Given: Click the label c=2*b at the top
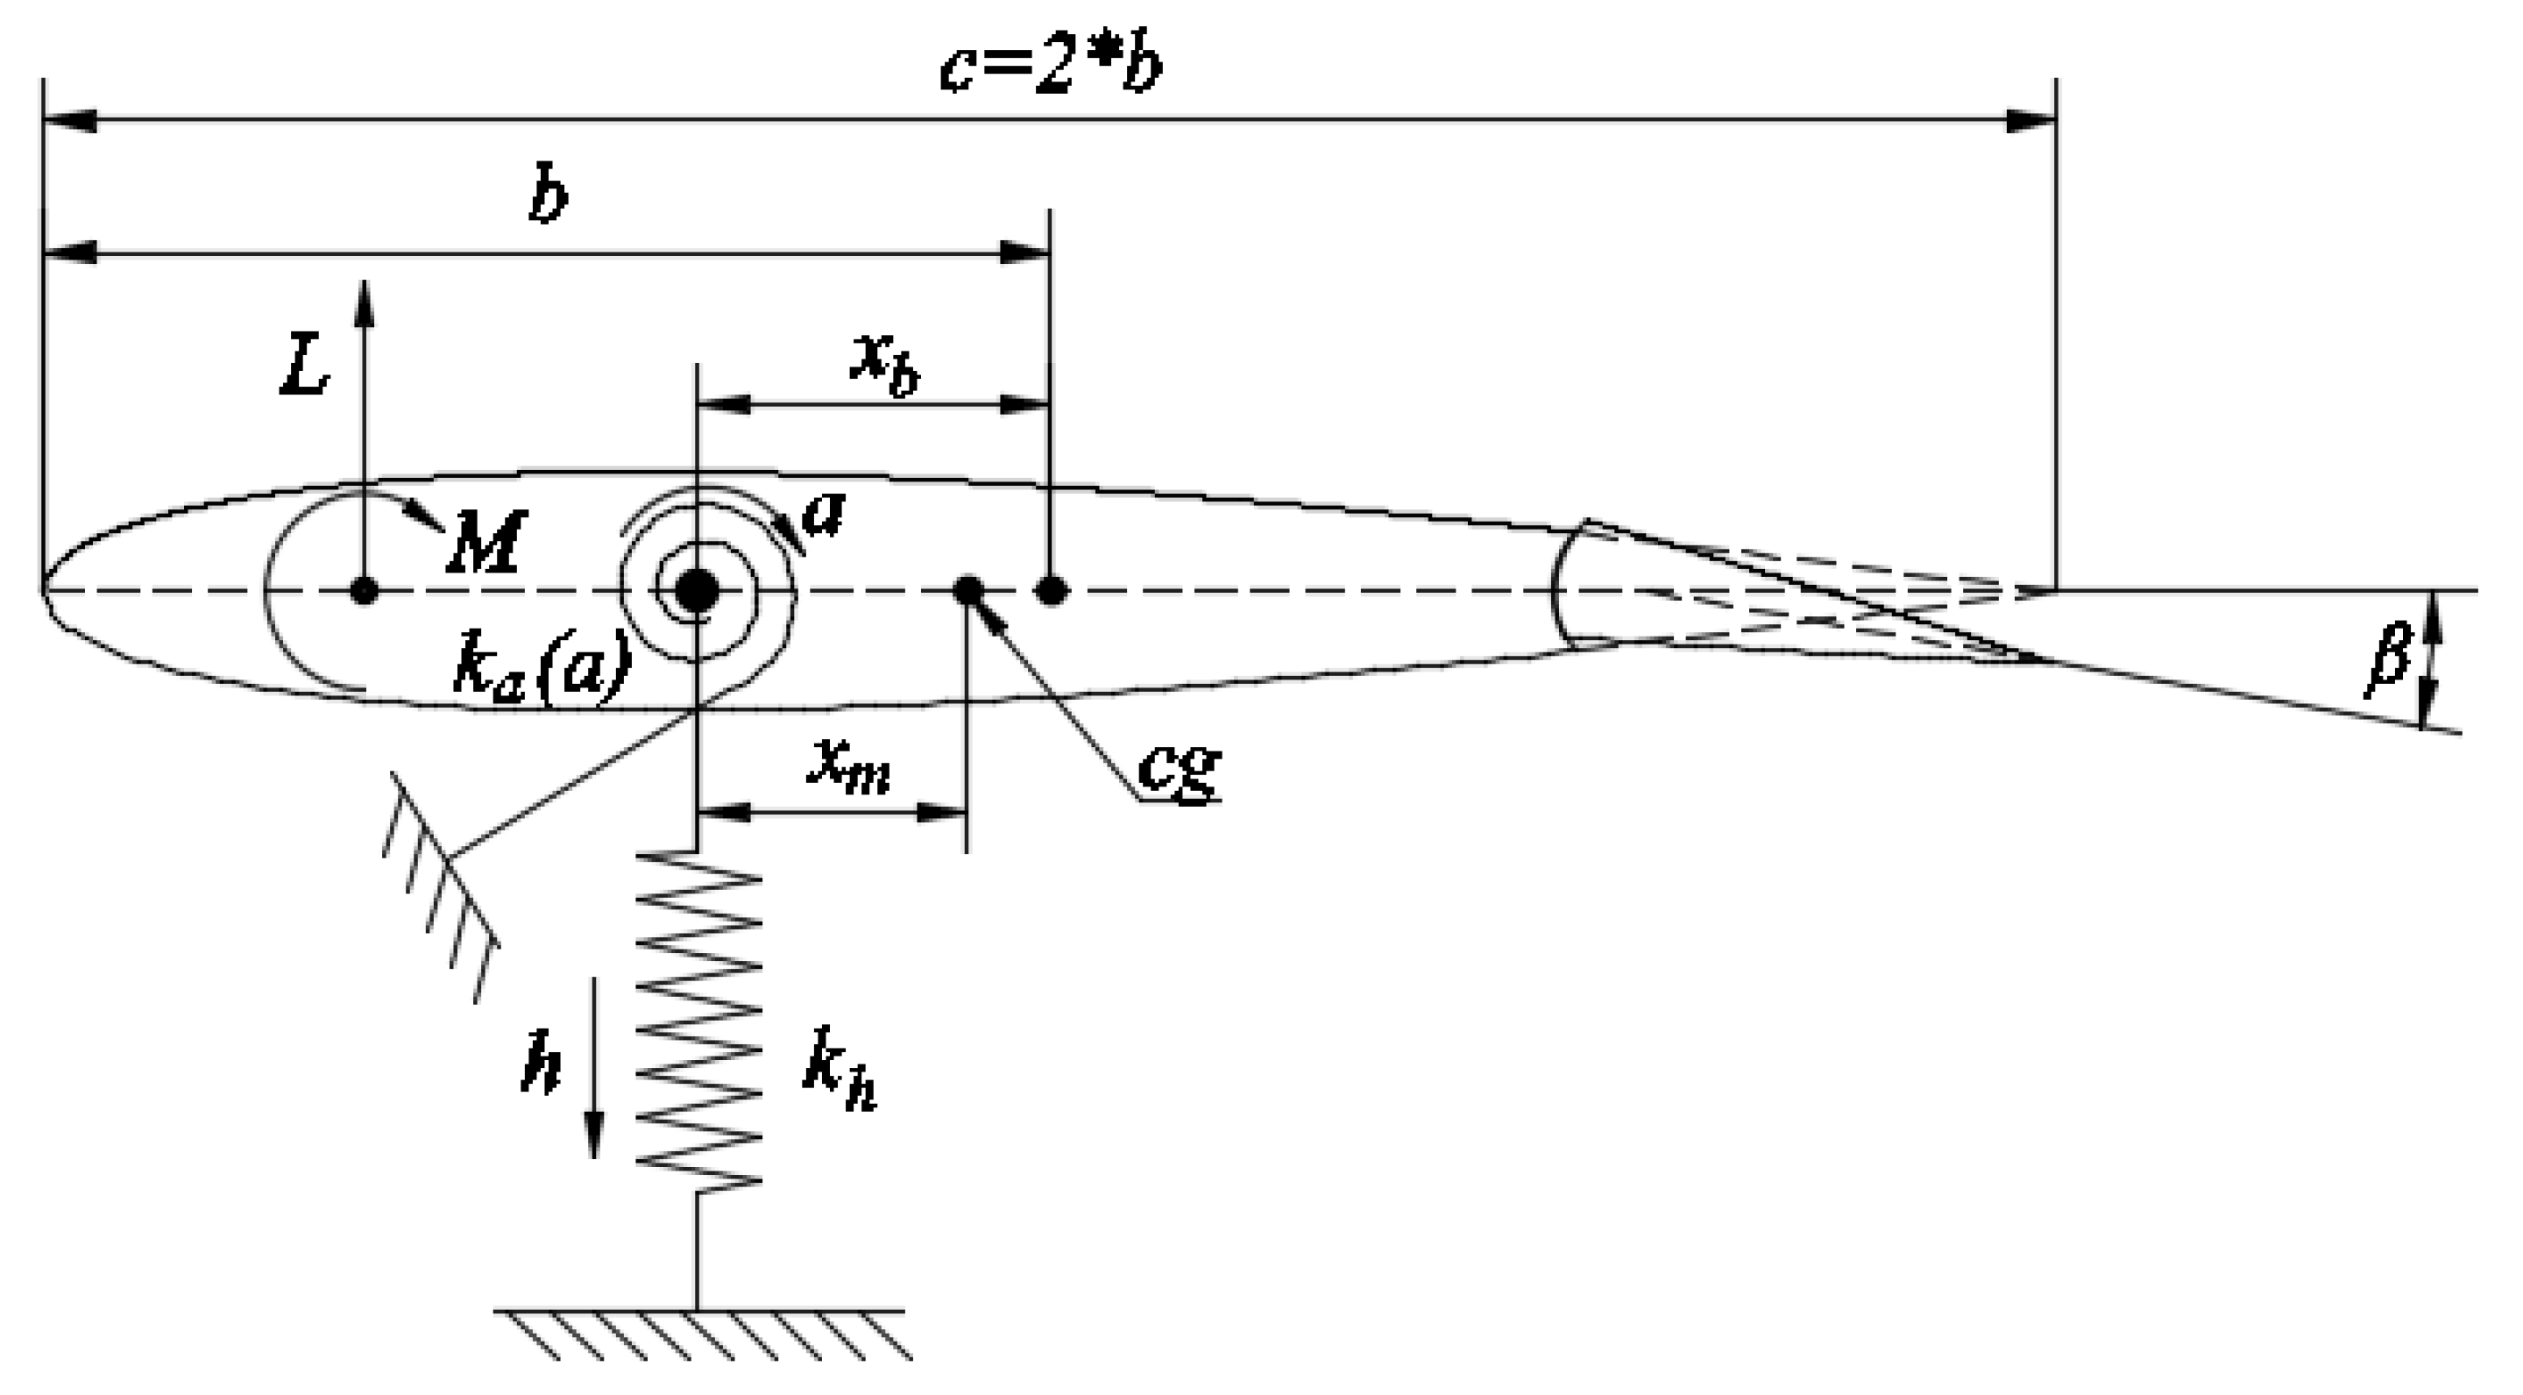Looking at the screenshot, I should [1050, 68].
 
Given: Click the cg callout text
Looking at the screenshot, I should [1180, 769].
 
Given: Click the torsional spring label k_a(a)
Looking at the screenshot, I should [542, 670].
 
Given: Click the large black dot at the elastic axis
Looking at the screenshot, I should [698, 591].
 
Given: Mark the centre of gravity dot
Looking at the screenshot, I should [967, 591].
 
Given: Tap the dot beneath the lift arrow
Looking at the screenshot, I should [365, 591].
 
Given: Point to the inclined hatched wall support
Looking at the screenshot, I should [441, 886].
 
